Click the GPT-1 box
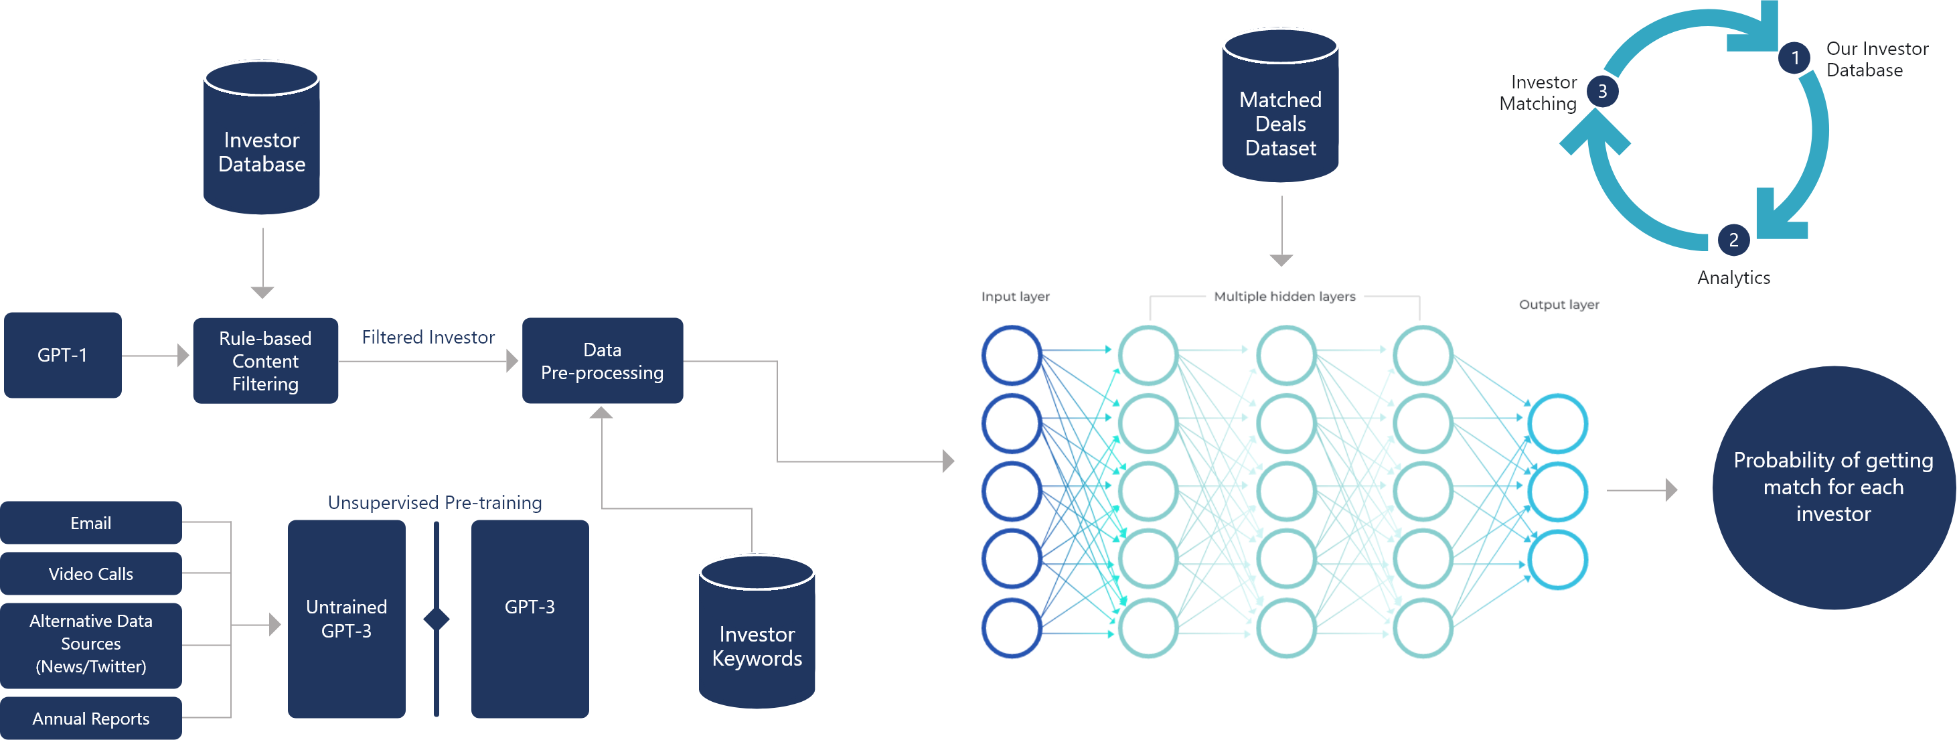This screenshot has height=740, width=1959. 62,355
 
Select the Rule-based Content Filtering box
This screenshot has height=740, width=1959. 264,360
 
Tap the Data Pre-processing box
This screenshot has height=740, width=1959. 603,360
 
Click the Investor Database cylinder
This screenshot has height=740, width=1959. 262,145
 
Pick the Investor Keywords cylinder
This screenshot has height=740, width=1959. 757,639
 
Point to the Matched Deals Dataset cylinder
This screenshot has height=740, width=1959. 1280,114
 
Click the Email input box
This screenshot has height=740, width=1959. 90,522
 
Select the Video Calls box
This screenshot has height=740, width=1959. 90,573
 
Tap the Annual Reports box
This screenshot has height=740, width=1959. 90,718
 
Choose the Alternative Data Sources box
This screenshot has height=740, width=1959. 90,644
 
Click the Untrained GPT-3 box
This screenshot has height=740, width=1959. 346,618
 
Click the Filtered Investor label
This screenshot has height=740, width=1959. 428,337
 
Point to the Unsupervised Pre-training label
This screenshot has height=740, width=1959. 435,502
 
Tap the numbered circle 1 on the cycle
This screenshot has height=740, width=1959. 1795,58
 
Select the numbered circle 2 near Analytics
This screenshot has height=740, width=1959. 1733,240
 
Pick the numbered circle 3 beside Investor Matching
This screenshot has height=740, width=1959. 1602,91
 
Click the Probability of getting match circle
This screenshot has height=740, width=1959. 1832,487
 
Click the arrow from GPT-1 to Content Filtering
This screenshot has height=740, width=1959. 155,355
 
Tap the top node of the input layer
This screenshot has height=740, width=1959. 1012,354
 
